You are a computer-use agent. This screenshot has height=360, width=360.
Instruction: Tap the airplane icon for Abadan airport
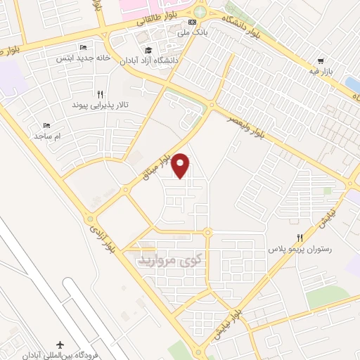click(x=59, y=344)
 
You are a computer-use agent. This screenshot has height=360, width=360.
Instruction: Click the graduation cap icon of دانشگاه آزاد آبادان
click(x=148, y=50)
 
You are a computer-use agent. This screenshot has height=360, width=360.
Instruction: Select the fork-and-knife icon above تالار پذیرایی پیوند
click(x=101, y=94)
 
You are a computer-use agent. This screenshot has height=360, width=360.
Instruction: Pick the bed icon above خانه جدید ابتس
click(x=83, y=48)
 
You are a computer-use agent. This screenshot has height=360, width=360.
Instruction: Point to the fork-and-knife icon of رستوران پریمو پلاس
click(x=300, y=238)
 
